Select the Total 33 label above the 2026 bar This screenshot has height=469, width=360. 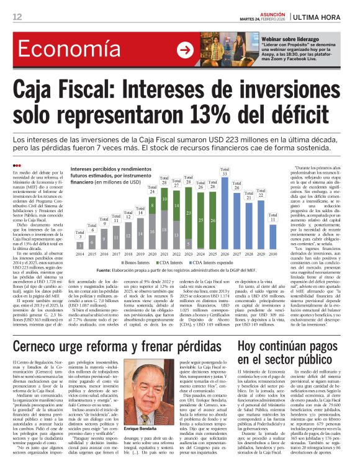click(225, 176)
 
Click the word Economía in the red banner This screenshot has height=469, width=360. click(51, 51)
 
